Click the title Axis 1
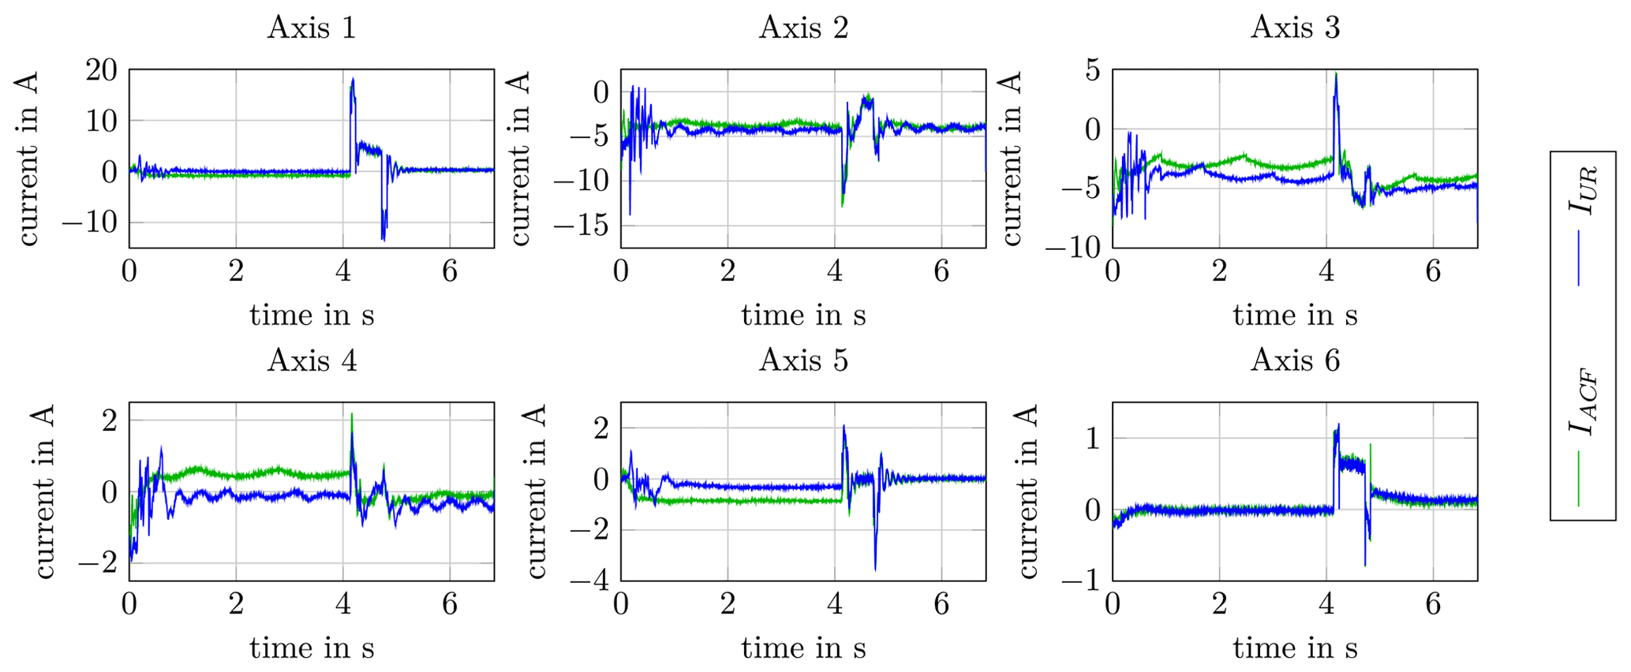click(312, 28)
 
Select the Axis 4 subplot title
click(312, 361)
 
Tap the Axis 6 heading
click(1295, 361)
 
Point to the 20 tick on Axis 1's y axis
click(101, 70)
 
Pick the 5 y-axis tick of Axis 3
click(1092, 70)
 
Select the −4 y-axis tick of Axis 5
click(591, 581)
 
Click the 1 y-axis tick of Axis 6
click(1092, 439)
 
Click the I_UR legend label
click(1582, 189)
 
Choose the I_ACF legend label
click(1582, 402)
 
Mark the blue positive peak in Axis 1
click(353, 78)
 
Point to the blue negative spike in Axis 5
click(875, 569)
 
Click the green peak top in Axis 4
click(352, 414)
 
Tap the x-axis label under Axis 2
click(803, 315)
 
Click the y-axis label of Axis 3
click(1012, 158)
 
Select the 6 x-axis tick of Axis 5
click(941, 604)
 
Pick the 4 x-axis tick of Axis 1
click(343, 271)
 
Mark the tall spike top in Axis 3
click(1336, 73)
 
